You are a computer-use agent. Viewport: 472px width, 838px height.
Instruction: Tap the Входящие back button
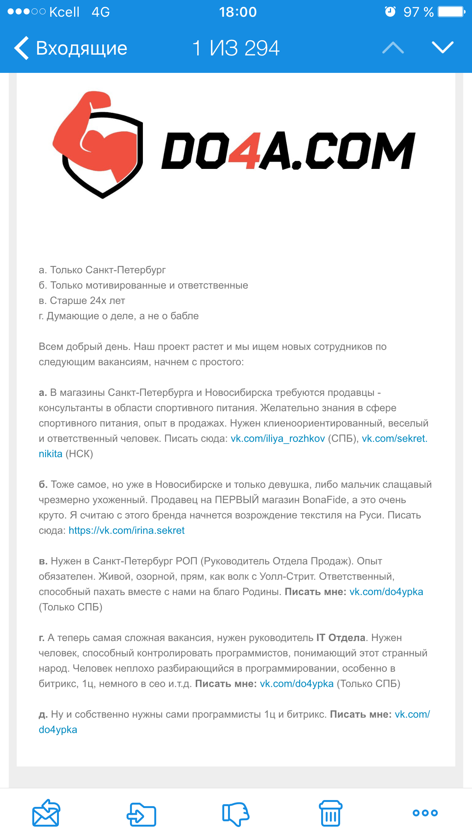pos(71,48)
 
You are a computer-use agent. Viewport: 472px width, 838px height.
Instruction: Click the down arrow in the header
pos(443,47)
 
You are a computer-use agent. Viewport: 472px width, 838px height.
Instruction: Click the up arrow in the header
pos(393,48)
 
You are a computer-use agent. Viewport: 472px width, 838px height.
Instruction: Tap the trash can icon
pos(330,813)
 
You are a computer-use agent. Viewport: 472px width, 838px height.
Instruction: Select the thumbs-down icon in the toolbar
pos(236,813)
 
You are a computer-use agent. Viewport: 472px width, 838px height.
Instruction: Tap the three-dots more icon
pos(425,813)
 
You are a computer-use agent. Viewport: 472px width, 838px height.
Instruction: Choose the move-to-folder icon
pos(141,814)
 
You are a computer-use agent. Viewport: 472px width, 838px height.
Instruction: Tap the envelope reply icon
pos(46,813)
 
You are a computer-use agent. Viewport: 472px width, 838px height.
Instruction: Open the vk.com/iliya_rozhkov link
pos(278,439)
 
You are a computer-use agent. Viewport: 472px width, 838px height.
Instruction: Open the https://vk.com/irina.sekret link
pos(127,531)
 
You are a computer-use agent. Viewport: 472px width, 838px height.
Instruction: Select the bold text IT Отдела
pos(341,638)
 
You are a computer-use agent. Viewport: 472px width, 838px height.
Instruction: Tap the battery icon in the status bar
pos(451,12)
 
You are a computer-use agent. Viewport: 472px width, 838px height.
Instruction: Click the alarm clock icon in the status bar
pos(390,12)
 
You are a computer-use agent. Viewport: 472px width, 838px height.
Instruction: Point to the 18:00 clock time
pos(238,12)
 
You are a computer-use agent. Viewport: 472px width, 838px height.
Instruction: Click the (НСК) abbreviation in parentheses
pos(79,454)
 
